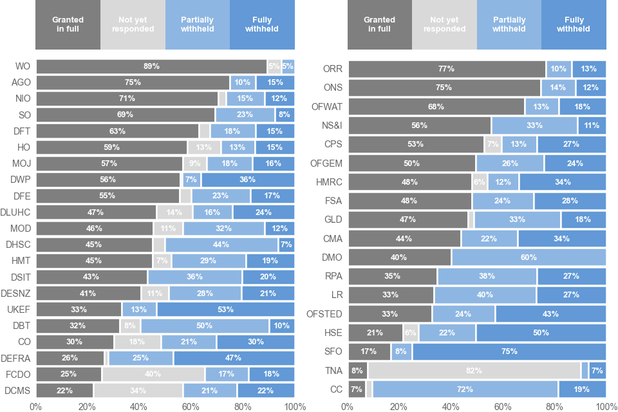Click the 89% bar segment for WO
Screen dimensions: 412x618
(151, 66)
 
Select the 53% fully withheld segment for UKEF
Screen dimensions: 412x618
(225, 310)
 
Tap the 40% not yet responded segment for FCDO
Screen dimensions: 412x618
(153, 374)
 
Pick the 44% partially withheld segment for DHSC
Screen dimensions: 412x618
(221, 245)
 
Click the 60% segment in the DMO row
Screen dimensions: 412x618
(529, 257)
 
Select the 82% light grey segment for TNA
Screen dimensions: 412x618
(474, 370)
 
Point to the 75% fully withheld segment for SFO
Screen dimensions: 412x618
(509, 351)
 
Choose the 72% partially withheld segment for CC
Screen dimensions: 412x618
(465, 389)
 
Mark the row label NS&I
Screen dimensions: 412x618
(332, 126)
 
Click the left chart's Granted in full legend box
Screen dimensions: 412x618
(68, 24)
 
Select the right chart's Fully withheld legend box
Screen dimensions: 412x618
(574, 24)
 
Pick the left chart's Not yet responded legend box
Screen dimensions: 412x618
(133, 24)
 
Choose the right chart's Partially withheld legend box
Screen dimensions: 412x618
(509, 24)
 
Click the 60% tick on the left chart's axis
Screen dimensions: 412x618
(191, 406)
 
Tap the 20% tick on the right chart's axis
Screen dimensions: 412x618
(399, 406)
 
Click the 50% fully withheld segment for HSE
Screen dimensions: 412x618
(541, 333)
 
